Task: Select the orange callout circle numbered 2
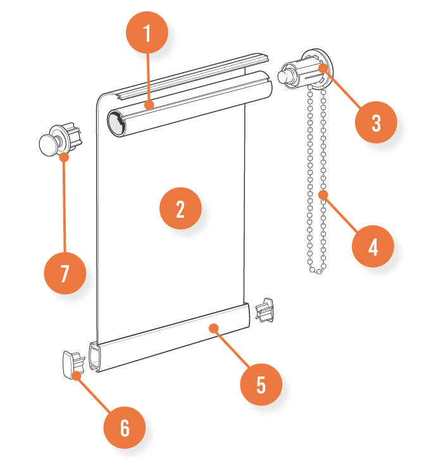tap(180, 208)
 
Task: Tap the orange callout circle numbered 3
tap(376, 122)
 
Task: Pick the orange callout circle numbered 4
tap(373, 246)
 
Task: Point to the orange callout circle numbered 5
tap(261, 383)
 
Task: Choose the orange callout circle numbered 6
tap(125, 428)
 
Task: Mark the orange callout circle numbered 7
tap(65, 273)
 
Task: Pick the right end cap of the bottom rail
tap(265, 311)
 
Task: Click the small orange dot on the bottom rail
tap(214, 328)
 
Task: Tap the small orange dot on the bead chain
tap(323, 194)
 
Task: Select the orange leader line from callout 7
tap(64, 202)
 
